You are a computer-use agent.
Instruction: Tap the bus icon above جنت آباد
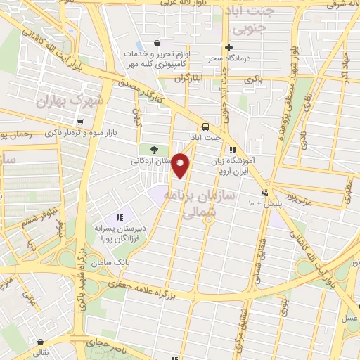[x=205, y=127]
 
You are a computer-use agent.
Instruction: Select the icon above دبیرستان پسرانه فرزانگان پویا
[x=120, y=217]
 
